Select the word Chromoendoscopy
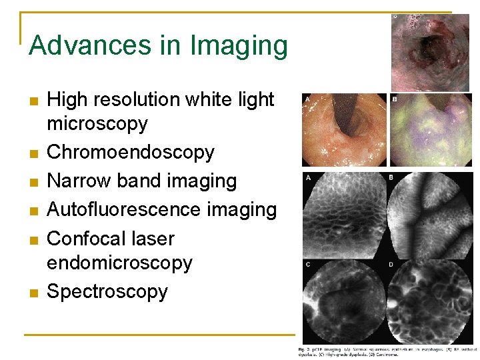click(131, 152)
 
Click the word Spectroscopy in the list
click(107, 291)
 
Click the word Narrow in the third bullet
click(75, 181)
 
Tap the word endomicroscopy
click(119, 263)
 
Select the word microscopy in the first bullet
click(97, 124)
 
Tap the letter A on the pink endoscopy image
click(307, 99)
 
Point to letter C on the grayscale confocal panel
click(307, 264)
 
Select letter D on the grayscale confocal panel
click(391, 264)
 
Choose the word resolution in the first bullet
click(144, 99)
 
